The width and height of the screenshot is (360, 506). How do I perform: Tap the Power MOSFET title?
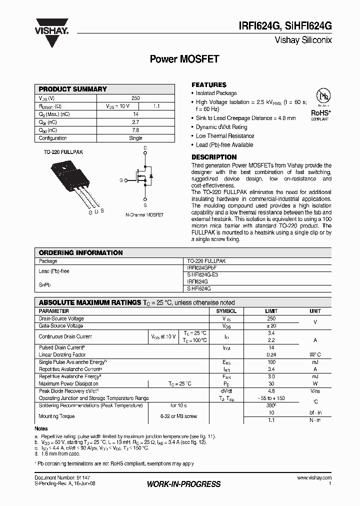click(x=184, y=58)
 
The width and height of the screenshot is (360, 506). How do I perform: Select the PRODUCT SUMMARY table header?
click(x=73, y=89)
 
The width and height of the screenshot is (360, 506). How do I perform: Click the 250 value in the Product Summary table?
click(x=135, y=98)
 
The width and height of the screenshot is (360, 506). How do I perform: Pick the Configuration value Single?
click(x=135, y=138)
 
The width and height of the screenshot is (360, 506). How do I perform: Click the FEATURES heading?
click(x=209, y=85)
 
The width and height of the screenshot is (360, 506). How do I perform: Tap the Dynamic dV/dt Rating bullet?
click(x=221, y=127)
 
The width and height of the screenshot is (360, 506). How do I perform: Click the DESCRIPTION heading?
click(x=214, y=157)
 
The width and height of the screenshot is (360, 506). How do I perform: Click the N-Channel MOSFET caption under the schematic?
click(x=145, y=214)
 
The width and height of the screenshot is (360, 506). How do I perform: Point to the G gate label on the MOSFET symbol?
click(x=120, y=180)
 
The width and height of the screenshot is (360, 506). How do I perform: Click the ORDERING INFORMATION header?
click(x=80, y=253)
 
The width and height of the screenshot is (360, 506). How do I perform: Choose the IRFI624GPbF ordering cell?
click(x=201, y=268)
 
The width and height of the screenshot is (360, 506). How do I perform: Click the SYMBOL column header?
click(x=226, y=311)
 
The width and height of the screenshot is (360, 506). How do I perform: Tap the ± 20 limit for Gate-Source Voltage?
click(x=271, y=325)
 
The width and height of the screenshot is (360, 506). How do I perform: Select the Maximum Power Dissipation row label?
click(x=68, y=384)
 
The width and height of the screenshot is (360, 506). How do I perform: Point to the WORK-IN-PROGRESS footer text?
click(x=183, y=484)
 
